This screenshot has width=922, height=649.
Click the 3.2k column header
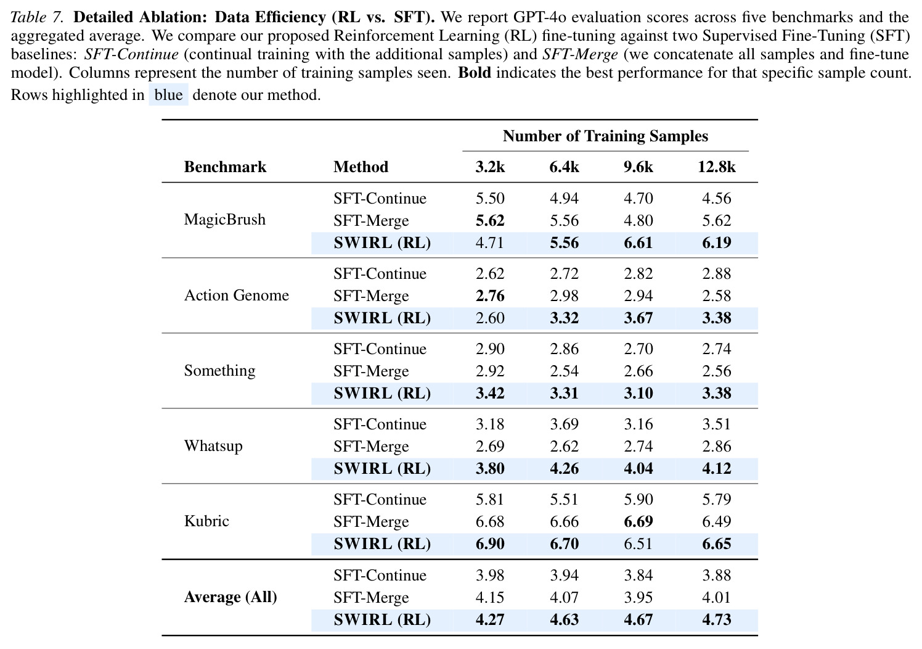tap(490, 167)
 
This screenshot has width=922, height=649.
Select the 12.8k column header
tap(716, 167)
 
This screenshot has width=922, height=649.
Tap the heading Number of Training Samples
tap(605, 136)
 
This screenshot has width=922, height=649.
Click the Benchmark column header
tap(225, 167)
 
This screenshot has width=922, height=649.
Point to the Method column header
tap(361, 167)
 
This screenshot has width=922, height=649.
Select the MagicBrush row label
tap(225, 220)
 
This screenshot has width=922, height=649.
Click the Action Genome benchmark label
tap(237, 295)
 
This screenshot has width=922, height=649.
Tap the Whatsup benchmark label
tap(213, 446)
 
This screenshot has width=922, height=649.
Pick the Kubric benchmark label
tap(206, 521)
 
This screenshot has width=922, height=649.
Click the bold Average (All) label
tap(230, 597)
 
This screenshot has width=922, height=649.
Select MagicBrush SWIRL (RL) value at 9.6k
tap(638, 242)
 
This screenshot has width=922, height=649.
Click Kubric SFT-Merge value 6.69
tap(638, 522)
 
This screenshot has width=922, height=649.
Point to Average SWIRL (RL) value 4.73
tap(716, 620)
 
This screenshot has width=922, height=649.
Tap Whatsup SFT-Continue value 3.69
tap(564, 424)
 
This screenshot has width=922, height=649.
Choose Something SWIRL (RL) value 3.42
tap(490, 393)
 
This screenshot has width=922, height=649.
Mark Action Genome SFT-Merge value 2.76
tap(490, 296)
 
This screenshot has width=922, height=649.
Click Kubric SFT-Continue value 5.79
tap(716, 500)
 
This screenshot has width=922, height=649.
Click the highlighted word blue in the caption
tap(168, 95)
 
